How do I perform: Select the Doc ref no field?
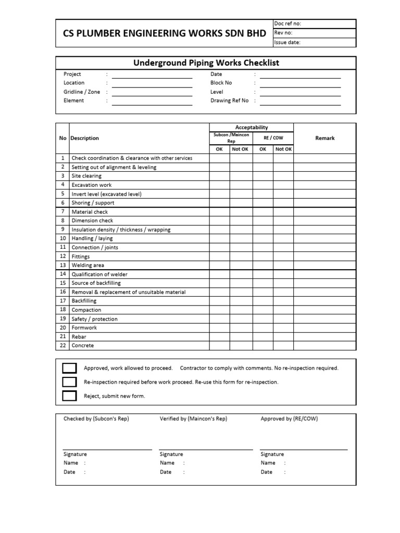[x=315, y=24]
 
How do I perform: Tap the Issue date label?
[x=287, y=43]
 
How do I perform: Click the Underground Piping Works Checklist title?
[x=206, y=63]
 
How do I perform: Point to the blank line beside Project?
[x=152, y=76]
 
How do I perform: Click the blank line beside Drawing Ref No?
[x=300, y=103]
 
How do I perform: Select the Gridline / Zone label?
[x=81, y=92]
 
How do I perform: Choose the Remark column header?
[x=325, y=138]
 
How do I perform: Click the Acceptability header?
[x=252, y=127]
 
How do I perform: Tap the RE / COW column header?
[x=273, y=138]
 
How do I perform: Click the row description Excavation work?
[x=92, y=185]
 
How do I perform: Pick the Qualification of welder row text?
[x=99, y=274]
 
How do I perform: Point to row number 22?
[x=63, y=346]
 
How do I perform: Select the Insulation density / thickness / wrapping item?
[x=121, y=230]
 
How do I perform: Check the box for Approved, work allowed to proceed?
[x=69, y=369]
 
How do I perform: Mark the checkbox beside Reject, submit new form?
[x=69, y=396]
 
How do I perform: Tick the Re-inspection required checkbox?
[x=69, y=382]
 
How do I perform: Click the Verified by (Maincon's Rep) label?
[x=193, y=419]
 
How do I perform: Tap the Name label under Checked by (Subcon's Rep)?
[x=71, y=463]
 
